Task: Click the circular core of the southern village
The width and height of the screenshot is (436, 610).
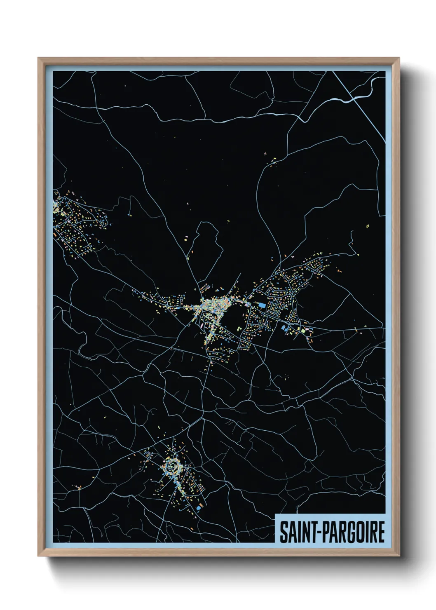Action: pos(172,467)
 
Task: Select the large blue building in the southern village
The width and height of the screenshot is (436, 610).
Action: pos(199,508)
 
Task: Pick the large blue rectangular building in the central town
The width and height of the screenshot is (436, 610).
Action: pos(262,305)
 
